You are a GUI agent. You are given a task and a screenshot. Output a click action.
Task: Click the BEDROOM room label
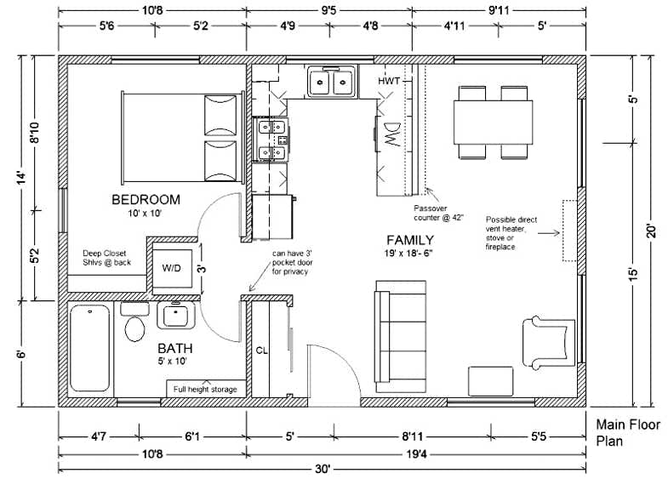click(x=146, y=200)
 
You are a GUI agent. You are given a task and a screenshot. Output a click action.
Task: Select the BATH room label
click(x=174, y=349)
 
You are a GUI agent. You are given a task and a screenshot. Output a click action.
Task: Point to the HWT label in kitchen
click(x=391, y=81)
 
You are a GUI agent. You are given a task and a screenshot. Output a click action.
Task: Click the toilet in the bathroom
click(x=134, y=326)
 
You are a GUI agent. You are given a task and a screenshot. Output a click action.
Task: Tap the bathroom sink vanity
click(x=177, y=316)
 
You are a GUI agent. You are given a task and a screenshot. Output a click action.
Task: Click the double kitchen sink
click(x=332, y=83)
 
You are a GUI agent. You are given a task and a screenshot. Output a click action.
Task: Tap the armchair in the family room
click(x=545, y=338)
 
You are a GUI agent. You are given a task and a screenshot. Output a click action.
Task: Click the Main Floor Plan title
click(x=624, y=432)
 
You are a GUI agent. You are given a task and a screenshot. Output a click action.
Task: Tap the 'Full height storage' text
click(x=205, y=390)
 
